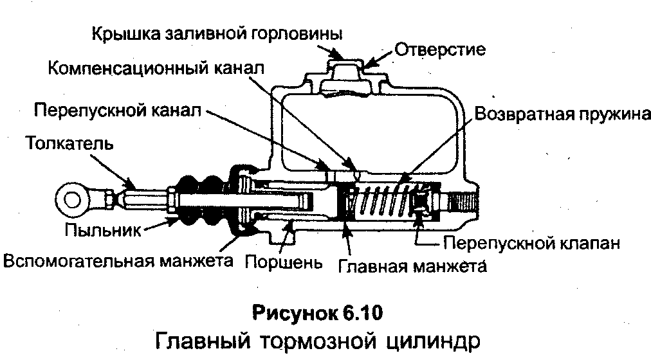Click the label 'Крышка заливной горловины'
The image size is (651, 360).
pos(217,32)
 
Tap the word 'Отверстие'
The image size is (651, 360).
pos(439,49)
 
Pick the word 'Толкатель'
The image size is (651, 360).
pos(70,143)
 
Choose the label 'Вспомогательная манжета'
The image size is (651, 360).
pos(118,262)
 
